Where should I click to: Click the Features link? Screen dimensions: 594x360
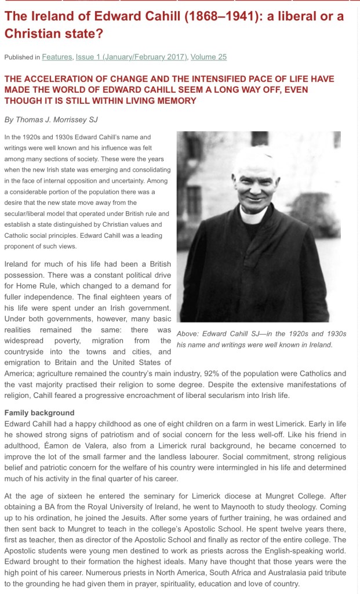(57, 57)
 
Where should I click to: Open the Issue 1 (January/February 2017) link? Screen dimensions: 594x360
(131, 57)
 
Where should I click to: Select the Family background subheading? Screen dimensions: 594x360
(39, 413)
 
